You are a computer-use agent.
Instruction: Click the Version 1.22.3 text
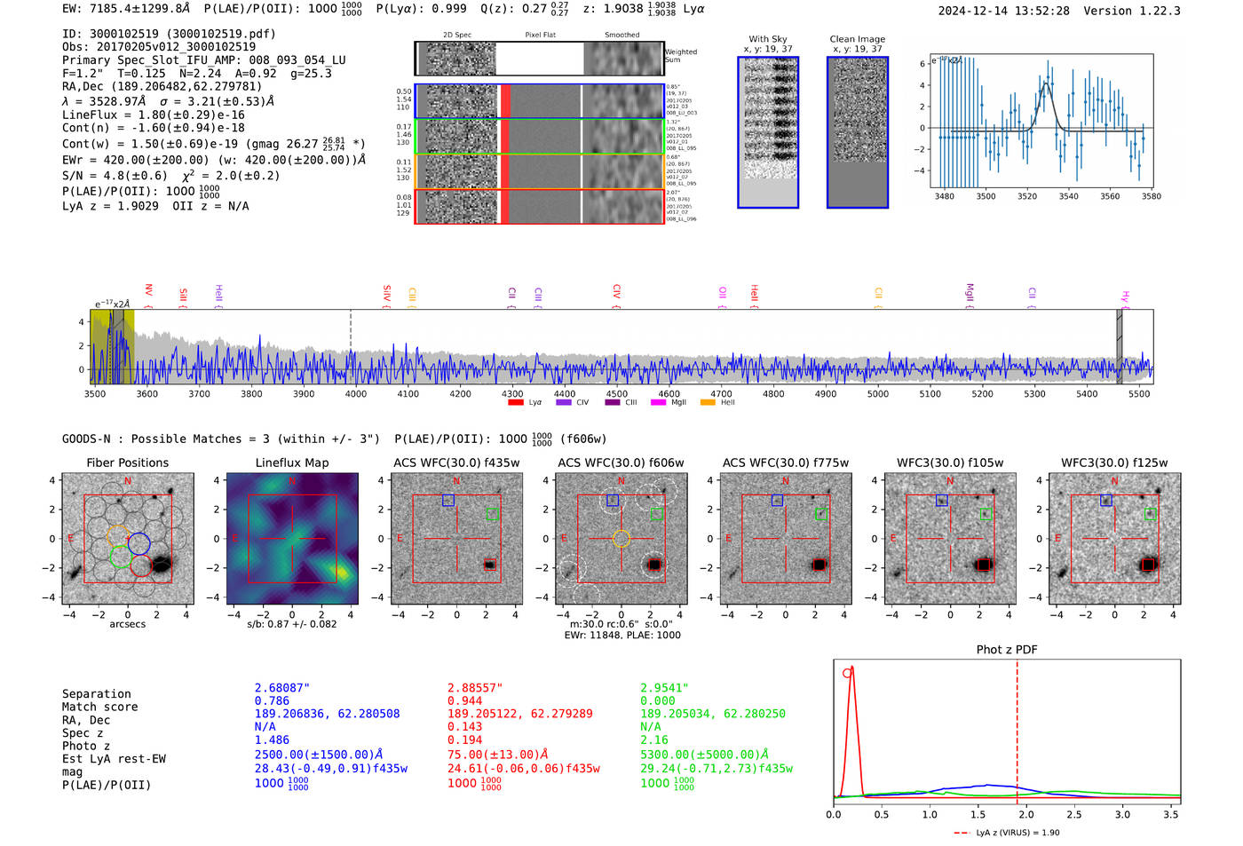click(x=1132, y=11)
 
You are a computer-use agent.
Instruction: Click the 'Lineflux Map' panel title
click(x=292, y=463)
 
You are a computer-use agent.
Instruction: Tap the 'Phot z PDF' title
click(x=1007, y=649)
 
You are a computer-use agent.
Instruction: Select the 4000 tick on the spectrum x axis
click(x=355, y=393)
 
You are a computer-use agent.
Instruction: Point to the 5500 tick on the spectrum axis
click(x=1139, y=393)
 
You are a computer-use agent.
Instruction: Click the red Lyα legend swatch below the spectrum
click(x=516, y=402)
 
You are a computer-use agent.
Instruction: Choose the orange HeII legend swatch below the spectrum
click(x=708, y=402)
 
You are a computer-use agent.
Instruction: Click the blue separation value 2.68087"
click(x=282, y=688)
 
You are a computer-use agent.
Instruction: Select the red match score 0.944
click(x=465, y=700)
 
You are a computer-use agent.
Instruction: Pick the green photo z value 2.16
click(x=654, y=739)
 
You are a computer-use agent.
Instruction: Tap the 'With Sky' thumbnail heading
click(x=768, y=39)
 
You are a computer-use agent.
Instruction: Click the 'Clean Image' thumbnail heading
click(x=858, y=39)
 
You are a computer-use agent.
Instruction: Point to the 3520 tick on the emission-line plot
click(x=1027, y=196)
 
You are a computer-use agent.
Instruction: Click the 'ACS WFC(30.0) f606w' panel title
click(x=621, y=463)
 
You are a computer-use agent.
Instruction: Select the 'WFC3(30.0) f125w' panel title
click(x=1114, y=463)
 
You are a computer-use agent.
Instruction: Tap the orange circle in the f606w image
click(x=621, y=538)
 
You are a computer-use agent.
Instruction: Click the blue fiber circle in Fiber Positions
click(x=139, y=544)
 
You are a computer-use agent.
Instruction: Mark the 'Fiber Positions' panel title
click(x=128, y=463)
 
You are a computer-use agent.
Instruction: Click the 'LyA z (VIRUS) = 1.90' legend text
click(x=1017, y=833)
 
